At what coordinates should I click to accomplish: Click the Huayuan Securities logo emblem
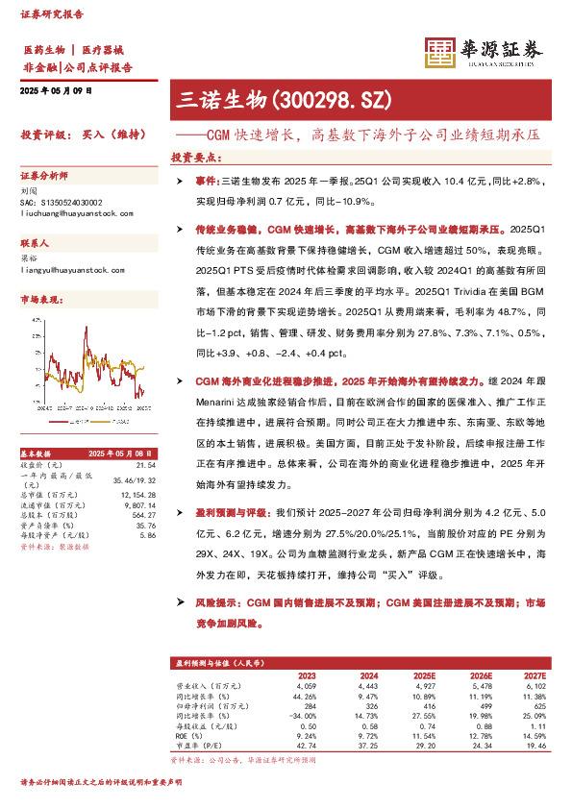pos(440,55)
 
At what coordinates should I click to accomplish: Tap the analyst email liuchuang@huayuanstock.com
pos(70,217)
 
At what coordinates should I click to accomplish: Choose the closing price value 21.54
pos(147,464)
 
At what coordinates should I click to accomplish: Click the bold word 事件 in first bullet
pos(205,181)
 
